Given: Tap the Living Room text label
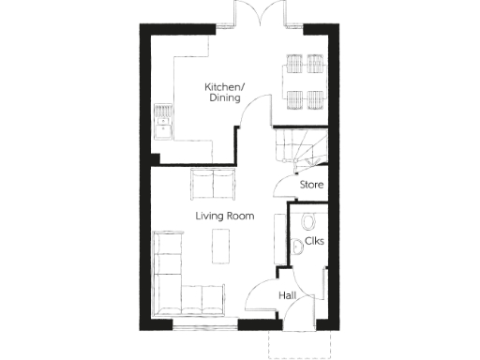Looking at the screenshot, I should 225,216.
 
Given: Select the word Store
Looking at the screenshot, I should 311,185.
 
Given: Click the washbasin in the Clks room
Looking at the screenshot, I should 296,247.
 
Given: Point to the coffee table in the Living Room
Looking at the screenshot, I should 221,247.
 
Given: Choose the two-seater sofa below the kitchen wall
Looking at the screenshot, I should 214,184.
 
